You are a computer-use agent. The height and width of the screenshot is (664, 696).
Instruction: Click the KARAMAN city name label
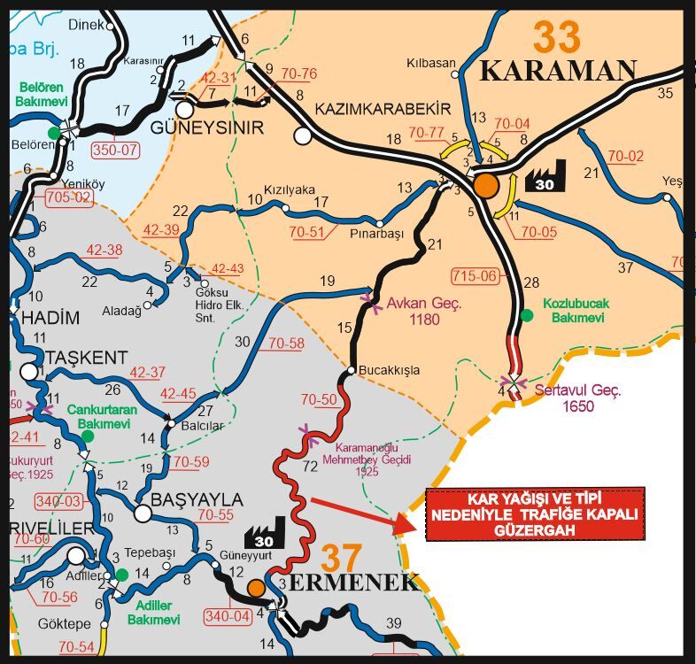558,71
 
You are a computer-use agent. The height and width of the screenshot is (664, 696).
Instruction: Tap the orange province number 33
557,37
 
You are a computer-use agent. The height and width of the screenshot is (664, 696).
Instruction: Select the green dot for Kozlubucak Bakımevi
527,315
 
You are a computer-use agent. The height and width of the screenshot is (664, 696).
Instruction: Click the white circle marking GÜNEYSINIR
185,109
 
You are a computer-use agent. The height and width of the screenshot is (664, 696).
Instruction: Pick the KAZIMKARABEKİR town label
383,108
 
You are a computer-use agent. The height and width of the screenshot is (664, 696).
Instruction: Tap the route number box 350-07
115,150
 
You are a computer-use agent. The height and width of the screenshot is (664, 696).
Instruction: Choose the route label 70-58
286,343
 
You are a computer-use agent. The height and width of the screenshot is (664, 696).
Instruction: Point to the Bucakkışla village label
389,370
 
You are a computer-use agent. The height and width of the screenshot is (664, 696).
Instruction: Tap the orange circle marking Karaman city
484,185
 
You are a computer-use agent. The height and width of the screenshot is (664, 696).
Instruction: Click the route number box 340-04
228,614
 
